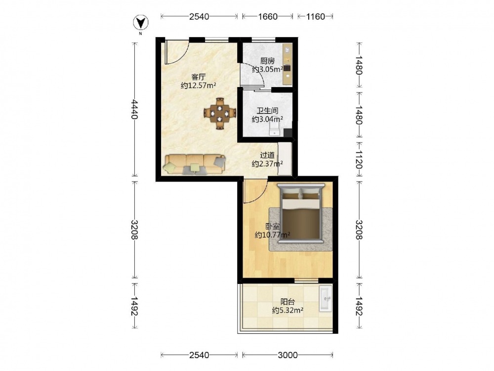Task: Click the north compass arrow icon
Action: [141, 23]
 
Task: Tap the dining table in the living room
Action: [220, 114]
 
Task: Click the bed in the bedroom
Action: [301, 213]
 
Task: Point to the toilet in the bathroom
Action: [275, 129]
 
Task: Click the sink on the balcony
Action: [325, 298]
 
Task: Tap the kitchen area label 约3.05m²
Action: [267, 69]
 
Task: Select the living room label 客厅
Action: [199, 77]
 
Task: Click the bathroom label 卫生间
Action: [267, 111]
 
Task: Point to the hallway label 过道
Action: [267, 155]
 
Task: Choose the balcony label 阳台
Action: [288, 302]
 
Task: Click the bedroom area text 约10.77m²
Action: [272, 235]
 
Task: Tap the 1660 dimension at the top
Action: [268, 16]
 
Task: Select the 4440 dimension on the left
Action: [135, 109]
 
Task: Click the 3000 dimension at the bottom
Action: [288, 355]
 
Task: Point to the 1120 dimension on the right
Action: [359, 159]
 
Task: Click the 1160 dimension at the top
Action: [315, 16]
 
